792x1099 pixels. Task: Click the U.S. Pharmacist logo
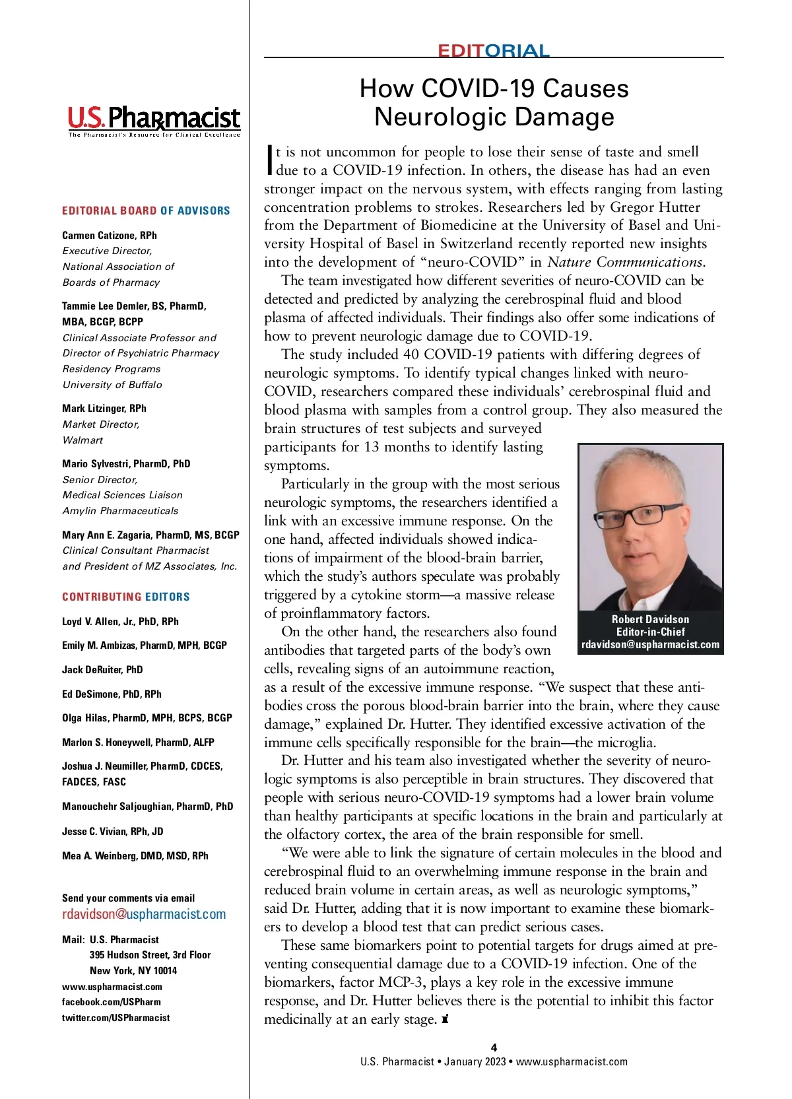click(x=154, y=120)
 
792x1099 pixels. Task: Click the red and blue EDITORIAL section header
click(x=493, y=51)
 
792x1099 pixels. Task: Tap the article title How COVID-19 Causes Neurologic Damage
click(x=494, y=102)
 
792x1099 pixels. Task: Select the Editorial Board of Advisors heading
click(x=146, y=211)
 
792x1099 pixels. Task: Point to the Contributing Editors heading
click(x=126, y=597)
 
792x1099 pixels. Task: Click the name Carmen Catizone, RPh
click(x=110, y=235)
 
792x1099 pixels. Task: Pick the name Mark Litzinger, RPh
click(x=104, y=408)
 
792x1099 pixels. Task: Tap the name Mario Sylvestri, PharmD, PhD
click(x=126, y=463)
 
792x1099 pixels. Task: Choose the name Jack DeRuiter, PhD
click(x=102, y=669)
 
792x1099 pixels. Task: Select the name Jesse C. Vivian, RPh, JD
click(x=113, y=831)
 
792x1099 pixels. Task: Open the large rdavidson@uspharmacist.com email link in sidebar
click(x=144, y=914)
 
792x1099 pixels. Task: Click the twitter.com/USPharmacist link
click(x=116, y=1018)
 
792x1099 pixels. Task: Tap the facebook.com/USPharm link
click(x=112, y=1002)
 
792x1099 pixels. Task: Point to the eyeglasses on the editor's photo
click(x=637, y=516)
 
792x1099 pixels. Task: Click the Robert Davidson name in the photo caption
click(x=650, y=619)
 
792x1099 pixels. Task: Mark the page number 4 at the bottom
click(x=494, y=1047)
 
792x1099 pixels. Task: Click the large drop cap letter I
click(x=269, y=160)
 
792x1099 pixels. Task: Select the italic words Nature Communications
click(x=626, y=262)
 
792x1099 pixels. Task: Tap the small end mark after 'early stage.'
click(x=445, y=1019)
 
